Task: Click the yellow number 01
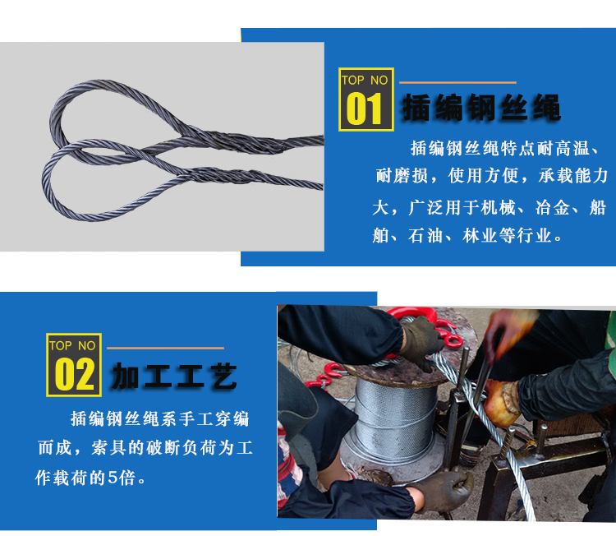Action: click(365, 109)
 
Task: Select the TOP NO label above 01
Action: click(365, 80)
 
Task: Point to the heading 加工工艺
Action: click(174, 376)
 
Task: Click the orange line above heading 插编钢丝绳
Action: click(457, 82)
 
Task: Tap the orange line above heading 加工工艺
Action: click(165, 348)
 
